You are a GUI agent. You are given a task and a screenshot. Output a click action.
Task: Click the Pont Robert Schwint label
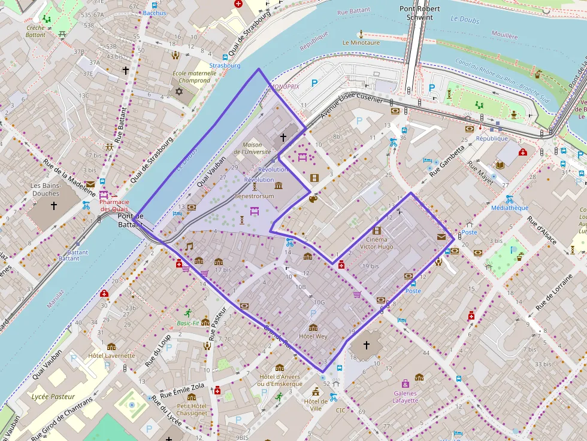coord(419,13)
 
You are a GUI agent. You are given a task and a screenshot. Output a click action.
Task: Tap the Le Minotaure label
coord(361,43)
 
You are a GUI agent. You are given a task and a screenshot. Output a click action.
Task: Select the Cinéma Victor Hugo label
coord(377,243)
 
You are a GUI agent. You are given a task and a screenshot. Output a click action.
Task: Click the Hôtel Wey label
coord(313,336)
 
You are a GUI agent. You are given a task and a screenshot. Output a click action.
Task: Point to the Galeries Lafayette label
coord(406,397)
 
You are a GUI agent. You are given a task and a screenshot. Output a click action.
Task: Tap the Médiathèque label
coord(509,208)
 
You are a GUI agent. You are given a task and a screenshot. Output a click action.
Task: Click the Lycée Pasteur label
coord(53,396)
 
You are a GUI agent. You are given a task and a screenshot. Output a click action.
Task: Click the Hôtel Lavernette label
coord(111,355)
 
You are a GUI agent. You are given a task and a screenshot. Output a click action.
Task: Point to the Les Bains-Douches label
coord(46,189)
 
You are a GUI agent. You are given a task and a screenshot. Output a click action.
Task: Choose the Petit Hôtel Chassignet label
coord(192,409)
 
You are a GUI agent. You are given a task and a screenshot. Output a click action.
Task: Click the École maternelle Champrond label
coord(191,77)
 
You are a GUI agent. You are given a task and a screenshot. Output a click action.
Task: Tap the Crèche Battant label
coord(35,31)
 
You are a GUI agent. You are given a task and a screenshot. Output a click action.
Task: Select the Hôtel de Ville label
coord(315,404)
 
